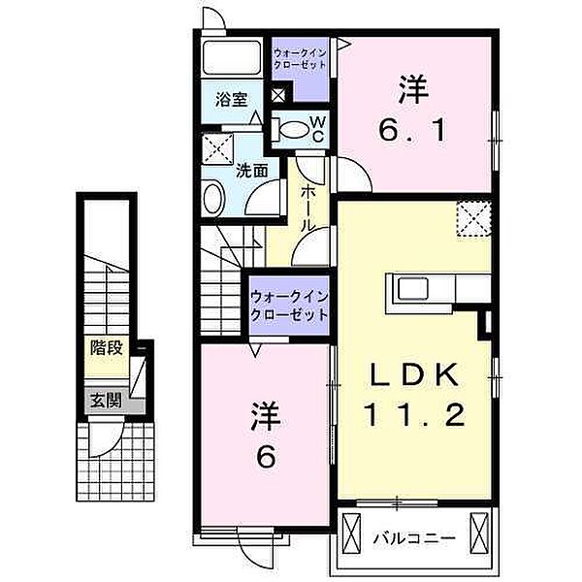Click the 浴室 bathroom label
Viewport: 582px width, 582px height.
coord(231,99)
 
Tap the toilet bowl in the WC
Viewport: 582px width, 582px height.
coord(294,129)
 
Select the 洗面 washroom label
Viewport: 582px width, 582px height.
coord(252,171)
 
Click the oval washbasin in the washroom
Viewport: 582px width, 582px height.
coord(213,198)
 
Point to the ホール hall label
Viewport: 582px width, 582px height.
coord(307,209)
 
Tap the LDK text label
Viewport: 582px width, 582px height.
coord(413,374)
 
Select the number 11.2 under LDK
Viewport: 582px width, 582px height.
coord(414,415)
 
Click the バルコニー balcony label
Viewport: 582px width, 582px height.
coord(414,537)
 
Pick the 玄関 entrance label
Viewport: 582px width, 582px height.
coord(107,401)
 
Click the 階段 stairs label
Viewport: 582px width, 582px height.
coord(107,348)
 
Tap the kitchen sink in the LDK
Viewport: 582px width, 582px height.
coord(413,288)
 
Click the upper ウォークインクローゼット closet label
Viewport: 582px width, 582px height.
coord(300,58)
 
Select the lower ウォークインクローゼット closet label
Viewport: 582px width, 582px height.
coord(289,306)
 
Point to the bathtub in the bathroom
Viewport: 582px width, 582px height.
coord(232,57)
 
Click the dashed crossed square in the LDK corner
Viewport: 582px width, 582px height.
coord(474,218)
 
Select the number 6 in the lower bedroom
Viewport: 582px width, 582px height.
coord(266,457)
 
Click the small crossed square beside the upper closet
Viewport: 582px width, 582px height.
coord(278,95)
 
